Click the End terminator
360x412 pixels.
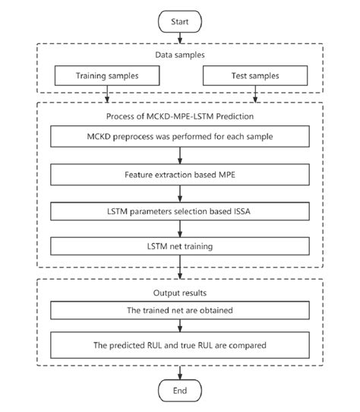(x=180, y=390)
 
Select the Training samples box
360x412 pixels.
(x=108, y=77)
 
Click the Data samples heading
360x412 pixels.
(x=180, y=55)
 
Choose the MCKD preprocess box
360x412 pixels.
(x=180, y=137)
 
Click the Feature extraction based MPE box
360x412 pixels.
(x=180, y=174)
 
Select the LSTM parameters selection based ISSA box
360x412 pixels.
(x=180, y=211)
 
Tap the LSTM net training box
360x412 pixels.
(x=180, y=246)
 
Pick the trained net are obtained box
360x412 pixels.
(x=180, y=310)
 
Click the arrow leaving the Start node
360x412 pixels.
(x=180, y=38)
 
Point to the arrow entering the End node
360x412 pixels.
(x=180, y=372)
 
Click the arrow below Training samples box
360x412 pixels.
(x=108, y=93)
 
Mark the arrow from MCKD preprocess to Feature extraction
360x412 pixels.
(x=180, y=156)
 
